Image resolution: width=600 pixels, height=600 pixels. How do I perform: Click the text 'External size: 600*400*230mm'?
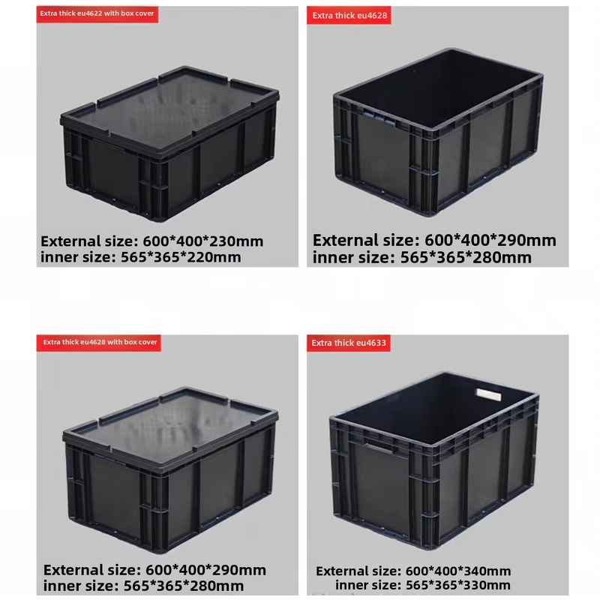point(152,241)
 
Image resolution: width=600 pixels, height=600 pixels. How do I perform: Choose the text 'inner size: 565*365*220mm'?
point(141,257)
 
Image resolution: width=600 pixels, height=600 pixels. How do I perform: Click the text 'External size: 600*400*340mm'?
point(413,571)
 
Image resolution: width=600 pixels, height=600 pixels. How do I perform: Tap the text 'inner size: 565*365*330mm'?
point(423,586)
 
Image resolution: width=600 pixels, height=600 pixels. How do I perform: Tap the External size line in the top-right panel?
point(434,240)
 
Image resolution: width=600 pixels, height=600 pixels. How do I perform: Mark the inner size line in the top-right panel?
point(422,257)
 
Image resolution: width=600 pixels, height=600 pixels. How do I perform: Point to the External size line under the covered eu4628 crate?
point(154,570)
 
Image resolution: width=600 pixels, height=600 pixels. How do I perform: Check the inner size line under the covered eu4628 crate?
point(143,586)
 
